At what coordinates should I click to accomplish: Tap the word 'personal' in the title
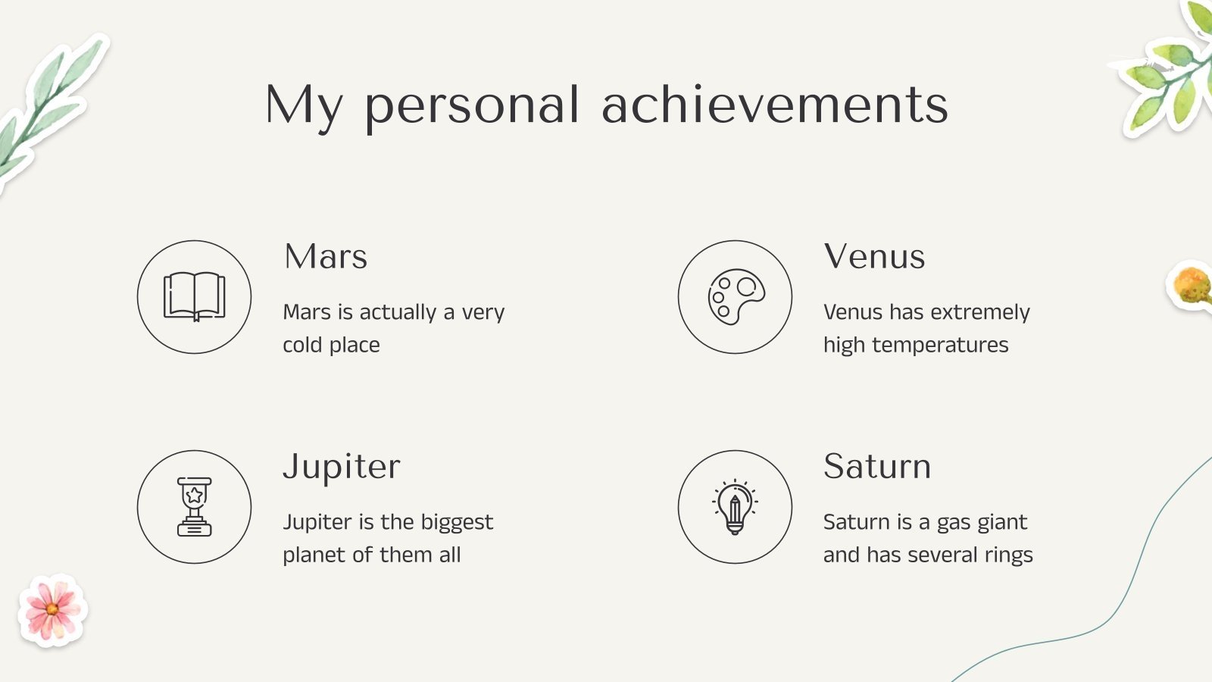pos(472,106)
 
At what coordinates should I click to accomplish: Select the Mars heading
pos(326,257)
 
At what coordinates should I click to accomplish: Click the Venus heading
pos(874,257)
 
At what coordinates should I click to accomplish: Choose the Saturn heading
pos(877,467)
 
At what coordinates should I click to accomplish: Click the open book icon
pos(194,296)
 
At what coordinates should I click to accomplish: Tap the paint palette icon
pos(735,296)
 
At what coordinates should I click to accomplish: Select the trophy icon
pos(194,506)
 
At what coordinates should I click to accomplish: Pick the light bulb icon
pos(735,506)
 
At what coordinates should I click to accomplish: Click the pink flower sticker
pos(52,610)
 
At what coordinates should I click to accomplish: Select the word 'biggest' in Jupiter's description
pos(457,523)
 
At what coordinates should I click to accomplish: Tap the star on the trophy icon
pos(194,496)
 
